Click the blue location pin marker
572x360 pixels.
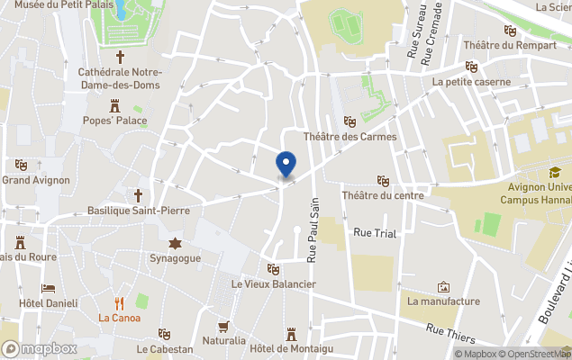(285, 165)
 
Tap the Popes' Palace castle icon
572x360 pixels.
(114, 104)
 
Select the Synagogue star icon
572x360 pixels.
(175, 243)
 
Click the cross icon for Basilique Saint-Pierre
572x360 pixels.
(139, 195)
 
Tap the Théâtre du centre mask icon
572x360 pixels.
(383, 180)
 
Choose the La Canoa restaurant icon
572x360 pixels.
(119, 303)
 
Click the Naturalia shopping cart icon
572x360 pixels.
(223, 326)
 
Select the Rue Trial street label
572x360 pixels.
(375, 233)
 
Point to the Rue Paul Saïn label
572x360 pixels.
(314, 232)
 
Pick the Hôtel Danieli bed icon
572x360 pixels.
(49, 288)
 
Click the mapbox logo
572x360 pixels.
(40, 348)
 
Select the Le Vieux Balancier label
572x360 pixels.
(273, 284)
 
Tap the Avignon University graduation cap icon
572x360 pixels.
(555, 173)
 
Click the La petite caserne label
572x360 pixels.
(471, 82)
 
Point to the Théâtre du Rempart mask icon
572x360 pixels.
(510, 31)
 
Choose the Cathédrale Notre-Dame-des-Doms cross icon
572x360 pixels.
(120, 56)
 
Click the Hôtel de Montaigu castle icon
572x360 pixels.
(291, 334)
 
